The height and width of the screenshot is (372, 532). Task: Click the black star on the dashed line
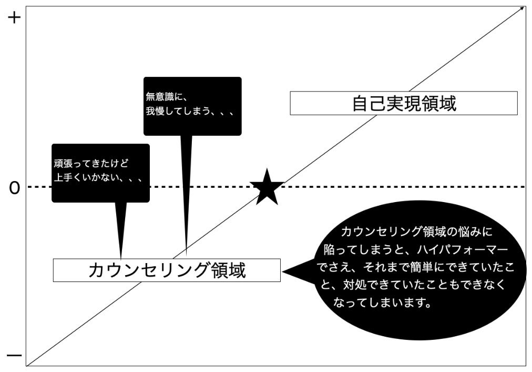click(268, 188)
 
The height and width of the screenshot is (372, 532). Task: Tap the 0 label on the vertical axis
click(14, 188)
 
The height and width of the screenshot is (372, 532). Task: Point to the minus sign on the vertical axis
click(14, 356)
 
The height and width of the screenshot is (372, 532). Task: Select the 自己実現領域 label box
click(404, 103)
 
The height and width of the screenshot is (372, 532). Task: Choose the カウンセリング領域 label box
click(167, 270)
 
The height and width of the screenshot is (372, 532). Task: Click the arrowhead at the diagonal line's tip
click(521, 8)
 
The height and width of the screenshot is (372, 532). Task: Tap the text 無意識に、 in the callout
click(166, 97)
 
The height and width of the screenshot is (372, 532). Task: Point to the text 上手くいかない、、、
click(98, 177)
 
